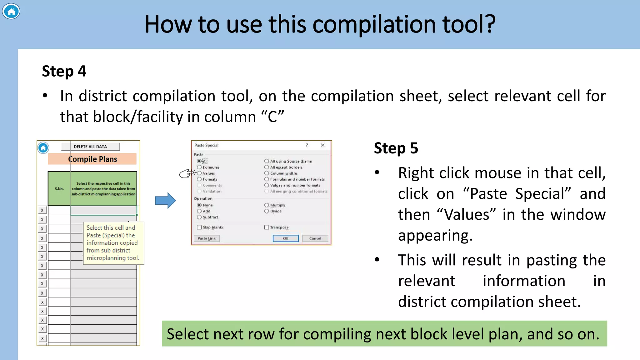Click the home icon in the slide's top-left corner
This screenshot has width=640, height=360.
11,12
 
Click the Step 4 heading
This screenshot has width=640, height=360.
64,71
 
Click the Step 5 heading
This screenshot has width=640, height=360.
396,148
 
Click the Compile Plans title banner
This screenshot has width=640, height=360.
92,159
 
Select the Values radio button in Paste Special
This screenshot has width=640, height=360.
199,173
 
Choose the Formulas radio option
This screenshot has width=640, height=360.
199,167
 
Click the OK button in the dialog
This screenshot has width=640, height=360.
285,238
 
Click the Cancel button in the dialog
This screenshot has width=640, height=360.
315,238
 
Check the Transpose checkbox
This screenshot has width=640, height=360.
267,227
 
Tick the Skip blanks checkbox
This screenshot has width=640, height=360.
199,227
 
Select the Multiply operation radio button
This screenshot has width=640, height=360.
267,205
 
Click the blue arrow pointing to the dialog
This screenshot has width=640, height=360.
165,200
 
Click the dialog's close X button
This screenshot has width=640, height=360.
322,145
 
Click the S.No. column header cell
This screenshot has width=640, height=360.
59,189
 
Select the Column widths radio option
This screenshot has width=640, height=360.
267,173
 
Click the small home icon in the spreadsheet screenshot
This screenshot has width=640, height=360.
43,147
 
